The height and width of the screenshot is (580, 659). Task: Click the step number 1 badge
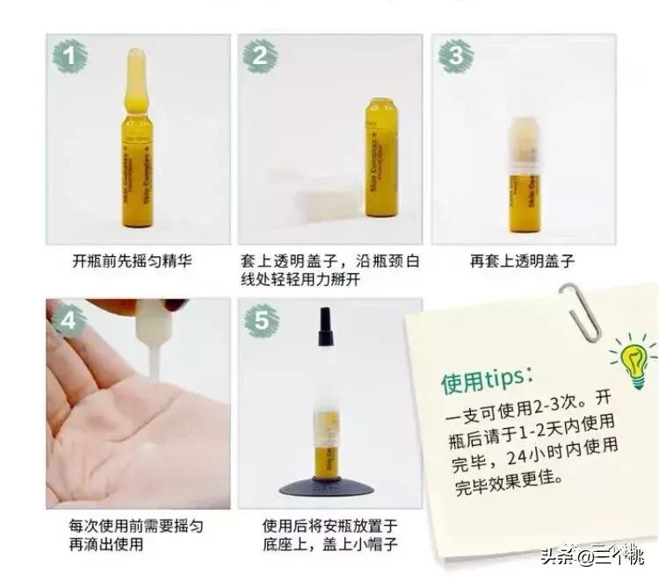click(70, 55)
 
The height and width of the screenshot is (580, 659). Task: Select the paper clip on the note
click(579, 311)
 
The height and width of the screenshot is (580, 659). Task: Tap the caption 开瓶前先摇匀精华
click(133, 261)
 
